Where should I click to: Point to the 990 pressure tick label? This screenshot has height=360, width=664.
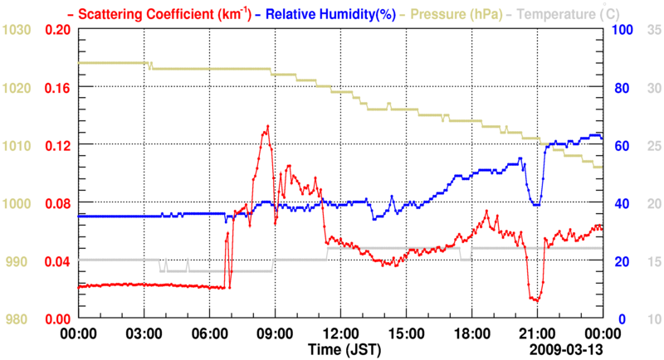point(20,261)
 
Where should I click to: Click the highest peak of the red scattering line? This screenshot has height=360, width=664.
point(267,126)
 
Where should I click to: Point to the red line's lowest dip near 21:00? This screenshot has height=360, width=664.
point(536,300)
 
